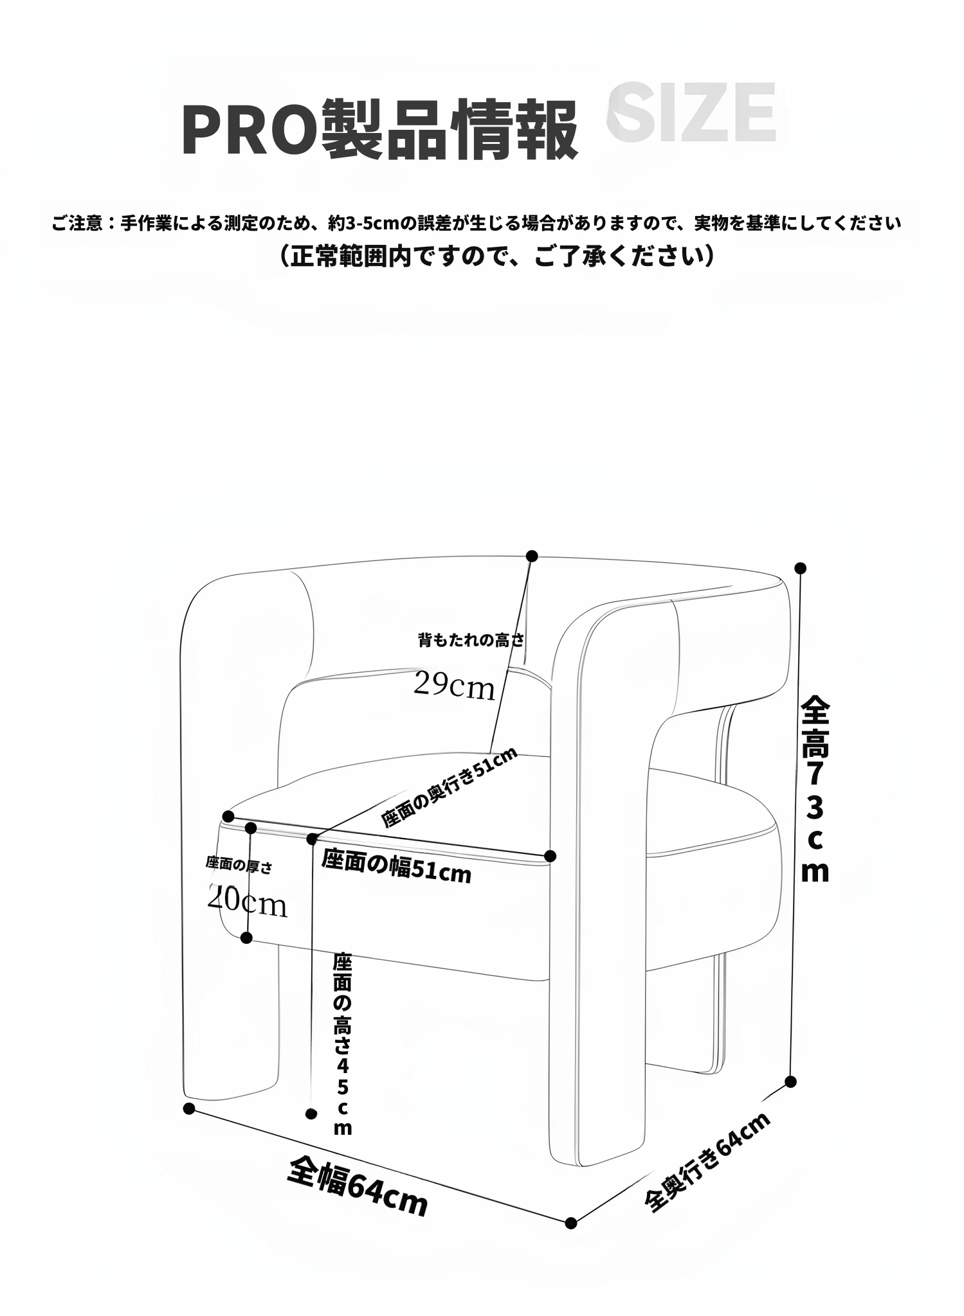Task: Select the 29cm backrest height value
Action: (x=453, y=685)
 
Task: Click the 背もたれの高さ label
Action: (x=471, y=640)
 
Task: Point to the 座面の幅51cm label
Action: (x=396, y=866)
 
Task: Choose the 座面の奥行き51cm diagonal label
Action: (x=448, y=788)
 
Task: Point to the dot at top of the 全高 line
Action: (x=801, y=568)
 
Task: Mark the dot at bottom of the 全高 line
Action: (x=791, y=1081)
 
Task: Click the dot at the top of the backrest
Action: (x=531, y=556)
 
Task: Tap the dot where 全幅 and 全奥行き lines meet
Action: (x=570, y=1223)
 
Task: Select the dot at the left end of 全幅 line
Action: (x=188, y=1108)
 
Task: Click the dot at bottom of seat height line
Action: (x=312, y=1113)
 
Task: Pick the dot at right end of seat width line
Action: (x=550, y=856)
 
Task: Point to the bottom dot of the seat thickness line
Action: (x=246, y=938)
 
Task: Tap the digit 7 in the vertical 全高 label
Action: (x=814, y=774)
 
